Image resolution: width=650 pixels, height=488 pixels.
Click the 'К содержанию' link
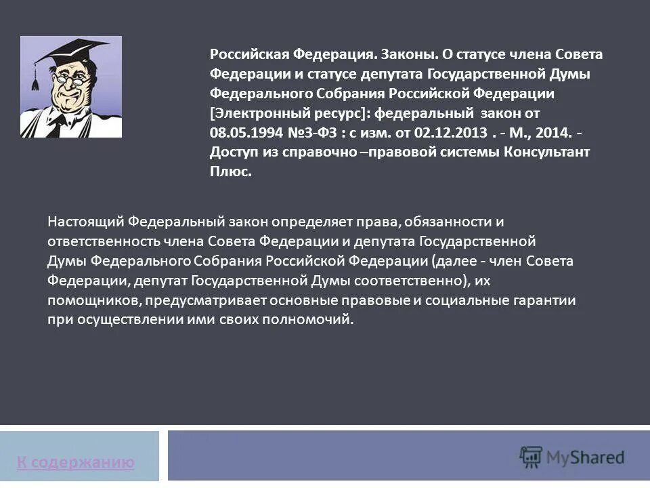pos(75,463)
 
